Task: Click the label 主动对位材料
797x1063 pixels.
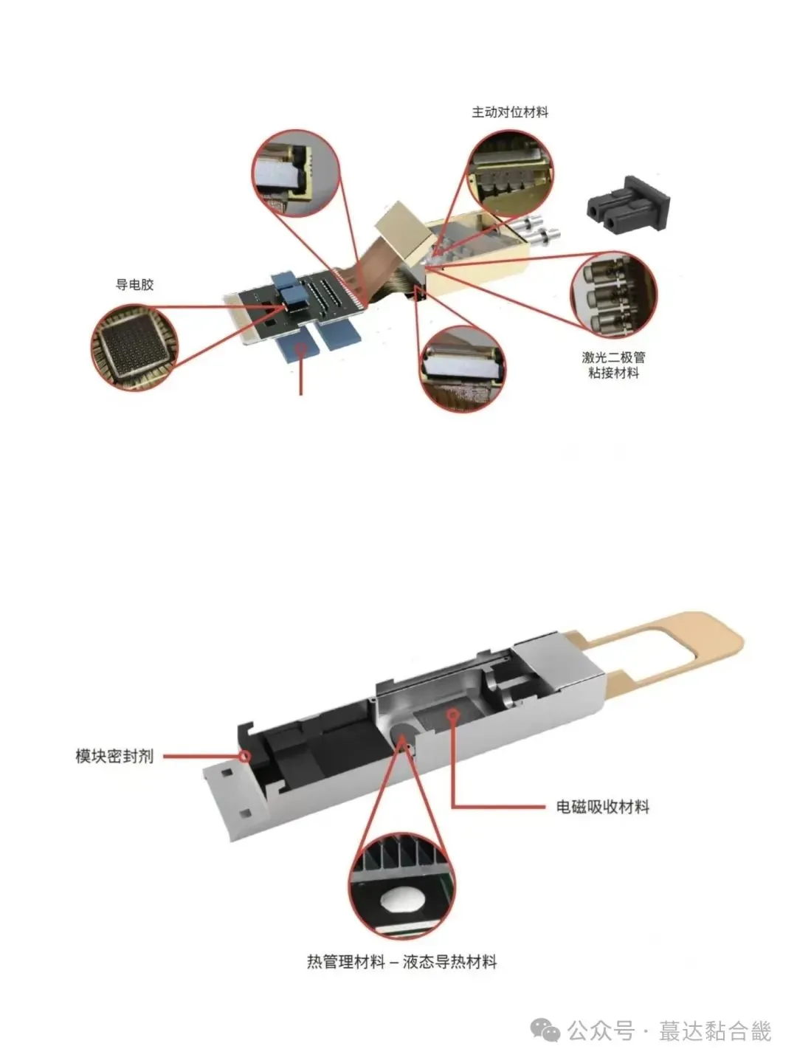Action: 510,113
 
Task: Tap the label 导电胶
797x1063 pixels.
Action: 134,284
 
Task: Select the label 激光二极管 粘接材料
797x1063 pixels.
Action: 613,365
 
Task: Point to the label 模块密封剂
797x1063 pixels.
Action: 114,756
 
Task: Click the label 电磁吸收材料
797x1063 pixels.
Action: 602,806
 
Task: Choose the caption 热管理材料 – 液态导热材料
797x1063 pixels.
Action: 401,962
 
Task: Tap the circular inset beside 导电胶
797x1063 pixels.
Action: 131,348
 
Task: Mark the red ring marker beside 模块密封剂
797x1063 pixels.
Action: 244,755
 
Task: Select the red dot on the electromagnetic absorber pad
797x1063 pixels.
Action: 452,714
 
